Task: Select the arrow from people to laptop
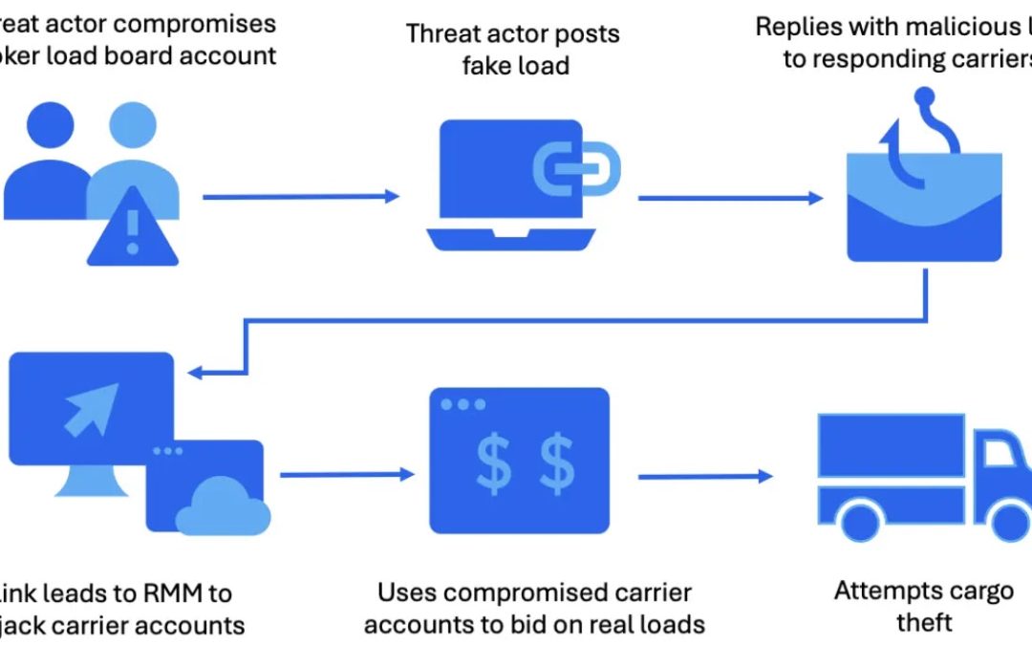click(x=301, y=197)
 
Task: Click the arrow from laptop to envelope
click(x=730, y=198)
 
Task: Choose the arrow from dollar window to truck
click(x=705, y=476)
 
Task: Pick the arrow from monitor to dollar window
click(x=347, y=474)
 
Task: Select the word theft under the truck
click(x=924, y=622)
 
